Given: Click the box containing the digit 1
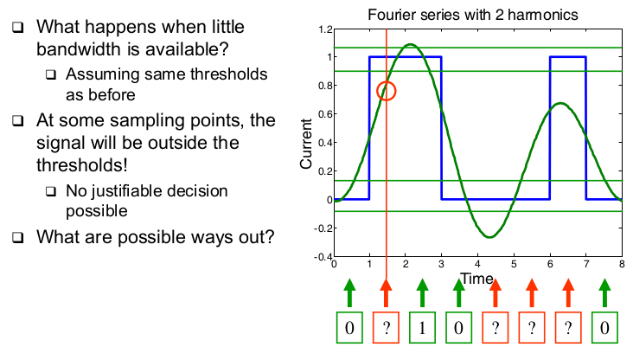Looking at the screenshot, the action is click(x=422, y=327).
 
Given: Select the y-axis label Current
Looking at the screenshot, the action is click(x=306, y=144).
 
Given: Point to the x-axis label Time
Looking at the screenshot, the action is click(x=476, y=279).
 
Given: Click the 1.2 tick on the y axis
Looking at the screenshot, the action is click(x=325, y=29).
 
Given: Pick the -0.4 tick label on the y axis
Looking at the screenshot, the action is click(x=323, y=256).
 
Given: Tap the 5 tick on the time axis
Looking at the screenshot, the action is click(x=514, y=264).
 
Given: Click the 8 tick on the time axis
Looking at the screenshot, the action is click(x=622, y=264).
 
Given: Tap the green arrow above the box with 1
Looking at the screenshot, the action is click(x=422, y=292).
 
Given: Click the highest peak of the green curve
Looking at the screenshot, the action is click(x=411, y=44).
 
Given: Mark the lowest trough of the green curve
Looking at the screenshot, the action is click(x=489, y=237).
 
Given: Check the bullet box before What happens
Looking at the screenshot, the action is click(x=18, y=28).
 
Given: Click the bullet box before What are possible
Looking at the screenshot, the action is click(x=18, y=237).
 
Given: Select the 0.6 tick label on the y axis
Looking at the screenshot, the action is click(x=325, y=114).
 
